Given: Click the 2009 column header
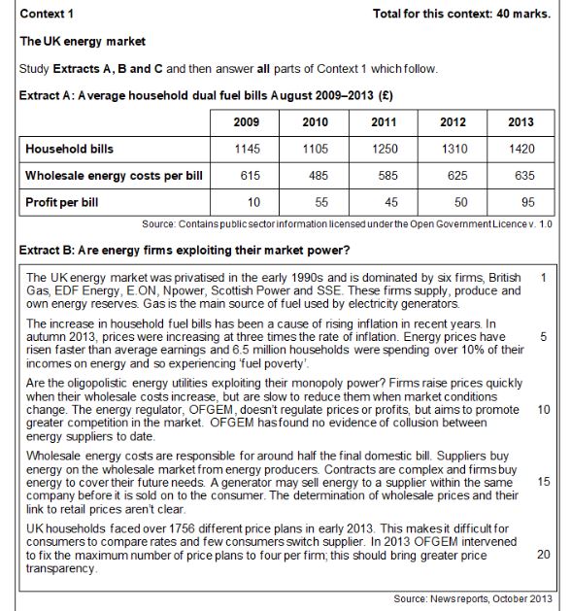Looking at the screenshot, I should (247, 122).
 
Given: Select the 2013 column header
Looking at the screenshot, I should (521, 122).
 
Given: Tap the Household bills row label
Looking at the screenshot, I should (70, 150).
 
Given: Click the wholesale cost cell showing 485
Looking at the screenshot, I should (315, 177).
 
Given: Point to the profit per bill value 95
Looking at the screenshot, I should (521, 203).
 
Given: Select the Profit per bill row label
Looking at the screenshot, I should (64, 203).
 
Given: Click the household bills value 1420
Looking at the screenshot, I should (521, 150).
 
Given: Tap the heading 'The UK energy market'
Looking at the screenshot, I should (83, 42).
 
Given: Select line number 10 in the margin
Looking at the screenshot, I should (543, 409).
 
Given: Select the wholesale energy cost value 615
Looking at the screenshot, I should (247, 177).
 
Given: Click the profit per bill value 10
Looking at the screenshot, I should (247, 203).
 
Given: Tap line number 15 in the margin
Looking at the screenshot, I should (543, 481).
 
